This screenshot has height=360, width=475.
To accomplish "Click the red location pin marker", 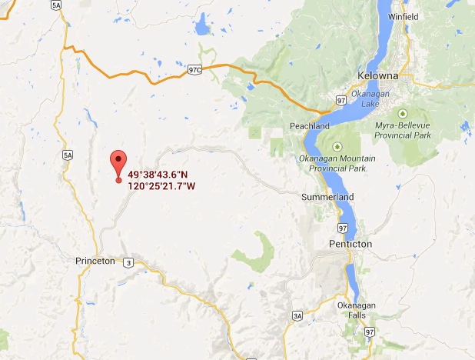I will click(118, 163).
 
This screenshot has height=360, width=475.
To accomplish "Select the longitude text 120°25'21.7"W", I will click(161, 186).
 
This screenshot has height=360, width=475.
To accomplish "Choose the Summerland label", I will click(327, 197).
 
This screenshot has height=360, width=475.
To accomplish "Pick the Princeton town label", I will click(95, 261).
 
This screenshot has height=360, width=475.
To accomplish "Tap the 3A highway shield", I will click(298, 315).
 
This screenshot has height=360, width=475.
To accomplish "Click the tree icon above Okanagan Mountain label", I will click(336, 146).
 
